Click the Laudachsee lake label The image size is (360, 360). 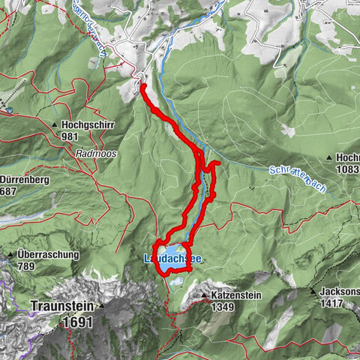click(x=172, y=259)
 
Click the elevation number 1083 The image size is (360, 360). click(x=348, y=170)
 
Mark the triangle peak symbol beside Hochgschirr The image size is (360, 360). click(x=55, y=125)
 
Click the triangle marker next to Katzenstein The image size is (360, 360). click(x=203, y=295)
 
